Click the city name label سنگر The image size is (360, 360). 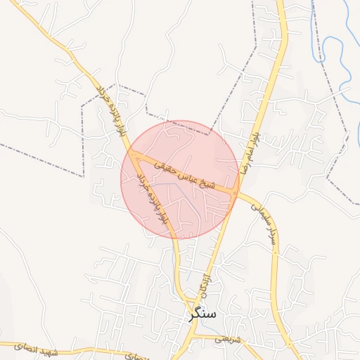203,314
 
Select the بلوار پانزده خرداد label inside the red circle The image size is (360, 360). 150,198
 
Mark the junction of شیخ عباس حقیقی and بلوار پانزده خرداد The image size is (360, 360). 131,151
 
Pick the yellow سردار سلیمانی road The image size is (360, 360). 276,281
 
